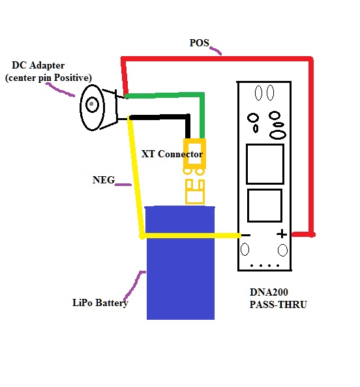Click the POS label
199,43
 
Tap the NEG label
104,180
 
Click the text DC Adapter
38,65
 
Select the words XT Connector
172,154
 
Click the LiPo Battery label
100,303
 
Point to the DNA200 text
269,292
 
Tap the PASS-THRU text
278,305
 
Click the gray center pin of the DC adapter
92,104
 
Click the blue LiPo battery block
181,263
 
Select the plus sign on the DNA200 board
282,234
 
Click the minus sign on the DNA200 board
246,235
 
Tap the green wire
202,95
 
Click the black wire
188,117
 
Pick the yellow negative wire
142,236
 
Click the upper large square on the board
265,164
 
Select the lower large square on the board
265,206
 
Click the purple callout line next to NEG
123,184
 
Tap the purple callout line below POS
215,50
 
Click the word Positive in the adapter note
72,78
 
